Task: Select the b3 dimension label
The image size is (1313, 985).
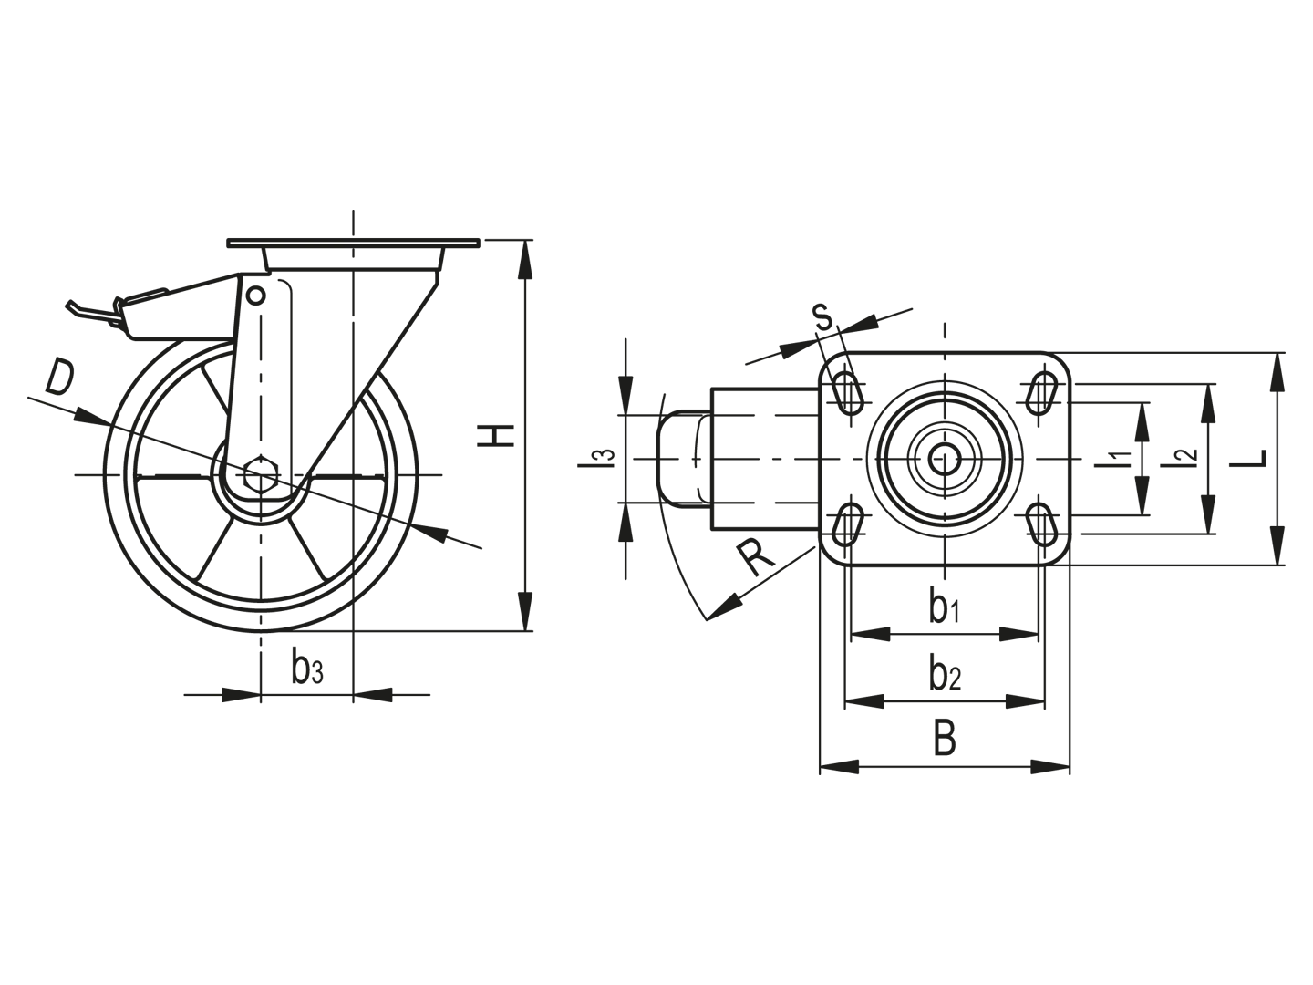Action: [x=307, y=669]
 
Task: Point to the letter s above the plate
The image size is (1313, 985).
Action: [x=823, y=316]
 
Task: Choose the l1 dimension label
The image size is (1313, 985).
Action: [x=1116, y=459]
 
